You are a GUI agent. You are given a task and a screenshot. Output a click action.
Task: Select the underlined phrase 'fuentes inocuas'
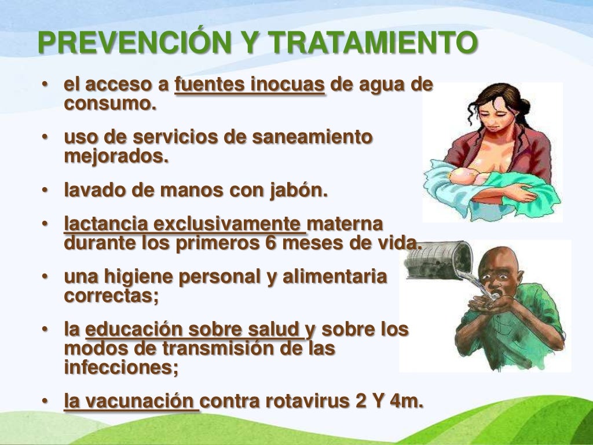click(x=250, y=85)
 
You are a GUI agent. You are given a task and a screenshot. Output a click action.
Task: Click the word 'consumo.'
click(x=110, y=104)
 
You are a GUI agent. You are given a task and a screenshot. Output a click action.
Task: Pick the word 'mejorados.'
click(x=116, y=156)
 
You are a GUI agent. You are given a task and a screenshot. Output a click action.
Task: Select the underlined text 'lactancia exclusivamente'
click(x=184, y=224)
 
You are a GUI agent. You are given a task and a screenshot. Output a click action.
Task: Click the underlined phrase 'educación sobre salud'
click(x=194, y=330)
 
